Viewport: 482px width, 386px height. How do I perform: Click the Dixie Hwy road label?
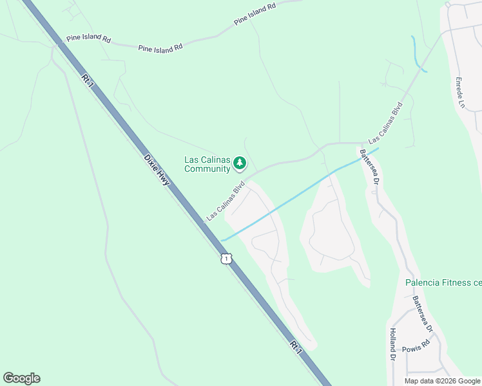tap(157, 170)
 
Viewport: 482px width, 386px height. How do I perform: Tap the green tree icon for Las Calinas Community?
tap(240, 163)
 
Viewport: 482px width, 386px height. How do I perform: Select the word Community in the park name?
tap(207, 169)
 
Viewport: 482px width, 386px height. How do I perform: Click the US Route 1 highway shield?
tap(225, 259)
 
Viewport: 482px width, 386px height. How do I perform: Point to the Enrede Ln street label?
tap(460, 93)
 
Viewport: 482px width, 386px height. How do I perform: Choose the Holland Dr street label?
tap(392, 344)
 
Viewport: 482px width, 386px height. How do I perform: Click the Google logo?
tap(21, 378)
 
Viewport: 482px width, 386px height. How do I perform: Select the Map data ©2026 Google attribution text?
tap(442, 381)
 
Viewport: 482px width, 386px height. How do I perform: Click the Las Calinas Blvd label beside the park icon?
tap(226, 201)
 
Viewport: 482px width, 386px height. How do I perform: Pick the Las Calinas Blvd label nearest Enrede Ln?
tap(385, 122)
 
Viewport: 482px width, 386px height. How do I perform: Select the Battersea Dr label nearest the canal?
tap(369, 167)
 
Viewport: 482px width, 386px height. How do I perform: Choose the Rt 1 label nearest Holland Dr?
tap(295, 346)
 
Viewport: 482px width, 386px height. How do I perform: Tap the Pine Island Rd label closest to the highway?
tap(88, 39)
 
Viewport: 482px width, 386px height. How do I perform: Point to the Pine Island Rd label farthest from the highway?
tap(255, 14)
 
